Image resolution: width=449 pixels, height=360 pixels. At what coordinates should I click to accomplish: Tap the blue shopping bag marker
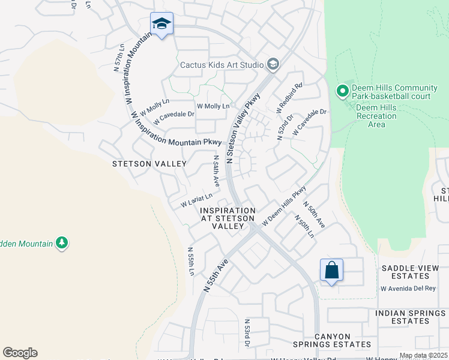331,271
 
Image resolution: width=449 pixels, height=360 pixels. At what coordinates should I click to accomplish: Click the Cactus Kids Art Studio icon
273,64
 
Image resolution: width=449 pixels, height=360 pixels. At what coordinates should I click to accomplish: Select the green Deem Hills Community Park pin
343,91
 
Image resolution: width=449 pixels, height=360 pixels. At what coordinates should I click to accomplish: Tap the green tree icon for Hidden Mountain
61,242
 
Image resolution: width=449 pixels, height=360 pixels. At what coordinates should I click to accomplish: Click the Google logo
20,353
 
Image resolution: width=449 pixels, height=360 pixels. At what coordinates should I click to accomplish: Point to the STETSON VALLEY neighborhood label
145,163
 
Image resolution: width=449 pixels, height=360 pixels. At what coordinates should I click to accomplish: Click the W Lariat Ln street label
197,200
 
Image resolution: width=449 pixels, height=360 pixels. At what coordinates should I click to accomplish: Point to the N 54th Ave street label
215,171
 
